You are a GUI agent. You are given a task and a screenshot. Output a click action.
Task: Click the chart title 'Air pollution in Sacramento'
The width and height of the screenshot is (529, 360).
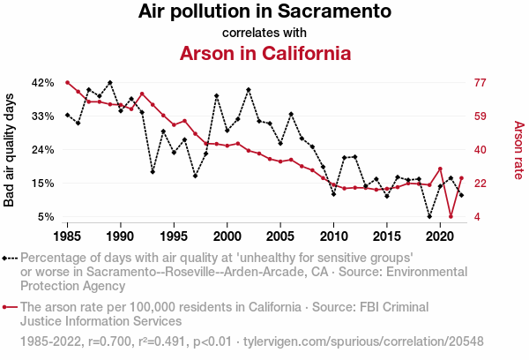[264, 12]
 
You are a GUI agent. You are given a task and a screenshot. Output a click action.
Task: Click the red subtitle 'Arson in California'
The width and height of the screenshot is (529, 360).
[264, 52]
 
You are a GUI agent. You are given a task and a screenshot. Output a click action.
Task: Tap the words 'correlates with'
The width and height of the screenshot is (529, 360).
[264, 33]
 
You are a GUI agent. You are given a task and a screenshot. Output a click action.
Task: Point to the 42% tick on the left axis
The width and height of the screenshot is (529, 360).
[43, 82]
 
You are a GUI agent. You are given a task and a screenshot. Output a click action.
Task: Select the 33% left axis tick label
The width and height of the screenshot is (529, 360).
[43, 116]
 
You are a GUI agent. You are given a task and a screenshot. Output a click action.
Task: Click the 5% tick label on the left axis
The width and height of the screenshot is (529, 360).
[47, 216]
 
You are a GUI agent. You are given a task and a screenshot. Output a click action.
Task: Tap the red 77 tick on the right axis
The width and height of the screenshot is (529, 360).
[481, 82]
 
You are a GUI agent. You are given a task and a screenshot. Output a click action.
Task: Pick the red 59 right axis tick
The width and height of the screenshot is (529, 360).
[481, 116]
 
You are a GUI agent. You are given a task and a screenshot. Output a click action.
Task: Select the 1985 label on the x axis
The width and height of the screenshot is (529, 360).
[67, 236]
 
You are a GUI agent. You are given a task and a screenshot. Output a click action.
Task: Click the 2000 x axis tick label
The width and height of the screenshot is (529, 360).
[227, 236]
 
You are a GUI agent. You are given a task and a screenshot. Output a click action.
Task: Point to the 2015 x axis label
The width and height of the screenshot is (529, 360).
[387, 236]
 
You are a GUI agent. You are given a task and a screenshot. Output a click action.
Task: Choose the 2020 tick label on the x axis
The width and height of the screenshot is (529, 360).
[440, 236]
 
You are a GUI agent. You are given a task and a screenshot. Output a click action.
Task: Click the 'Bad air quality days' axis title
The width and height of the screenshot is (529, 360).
[10, 149]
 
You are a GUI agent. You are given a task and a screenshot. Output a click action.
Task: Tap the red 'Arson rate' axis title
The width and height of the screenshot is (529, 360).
[518, 149]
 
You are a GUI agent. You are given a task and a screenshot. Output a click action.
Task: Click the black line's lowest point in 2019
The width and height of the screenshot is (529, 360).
[429, 216]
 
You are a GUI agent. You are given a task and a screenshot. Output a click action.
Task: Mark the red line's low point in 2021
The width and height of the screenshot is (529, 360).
[451, 216]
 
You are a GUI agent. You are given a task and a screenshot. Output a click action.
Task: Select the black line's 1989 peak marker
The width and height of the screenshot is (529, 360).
[109, 82]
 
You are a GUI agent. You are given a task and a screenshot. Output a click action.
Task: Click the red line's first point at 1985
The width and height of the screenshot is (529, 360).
[67, 82]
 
